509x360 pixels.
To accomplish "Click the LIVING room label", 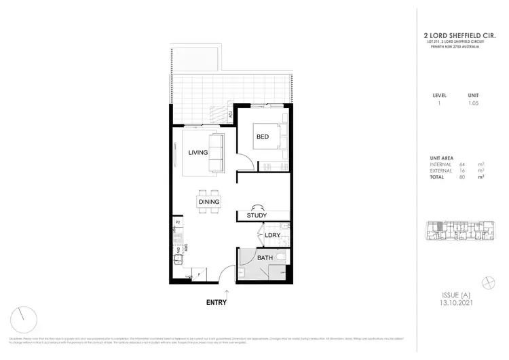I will [198, 153].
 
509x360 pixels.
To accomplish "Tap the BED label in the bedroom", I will [262, 137].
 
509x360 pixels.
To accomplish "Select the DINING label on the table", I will [208, 202].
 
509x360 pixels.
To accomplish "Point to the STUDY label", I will [257, 215].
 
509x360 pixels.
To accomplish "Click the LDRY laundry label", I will [272, 235].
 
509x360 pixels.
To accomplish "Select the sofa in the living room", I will [216, 154].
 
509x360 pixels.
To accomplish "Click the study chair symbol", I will [257, 208].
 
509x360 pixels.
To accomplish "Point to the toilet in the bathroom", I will [284, 258].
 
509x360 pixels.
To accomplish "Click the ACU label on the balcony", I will [231, 115].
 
